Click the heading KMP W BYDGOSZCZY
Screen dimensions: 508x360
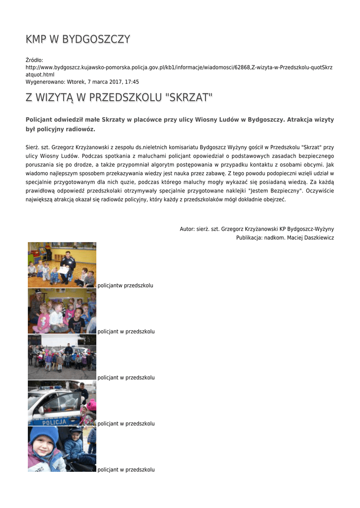click(x=78, y=39)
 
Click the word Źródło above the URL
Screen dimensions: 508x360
click(x=34, y=60)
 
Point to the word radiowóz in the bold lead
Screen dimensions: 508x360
click(x=78, y=129)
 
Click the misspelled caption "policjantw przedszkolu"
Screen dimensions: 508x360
click(x=125, y=286)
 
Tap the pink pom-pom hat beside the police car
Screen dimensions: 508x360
click(x=91, y=404)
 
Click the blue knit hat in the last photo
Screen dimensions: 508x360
click(x=44, y=436)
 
